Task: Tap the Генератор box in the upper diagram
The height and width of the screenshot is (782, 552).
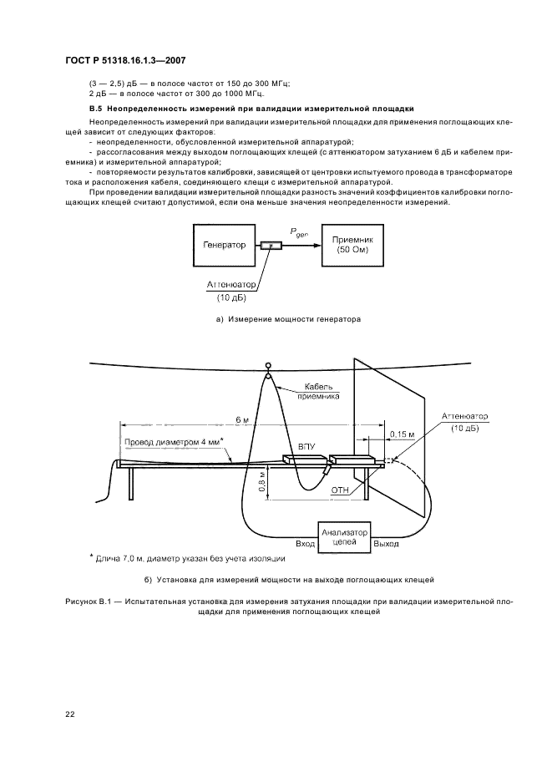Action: pyautogui.click(x=225, y=245)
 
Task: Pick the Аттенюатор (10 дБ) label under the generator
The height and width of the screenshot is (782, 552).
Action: pyautogui.click(x=231, y=291)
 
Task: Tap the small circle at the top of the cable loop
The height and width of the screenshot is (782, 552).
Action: pyautogui.click(x=268, y=365)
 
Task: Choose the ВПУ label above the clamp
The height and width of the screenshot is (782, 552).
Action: pyautogui.click(x=306, y=447)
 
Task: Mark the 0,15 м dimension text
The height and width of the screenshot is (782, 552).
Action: pyautogui.click(x=403, y=434)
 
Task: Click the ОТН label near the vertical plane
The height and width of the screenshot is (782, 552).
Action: pyautogui.click(x=340, y=490)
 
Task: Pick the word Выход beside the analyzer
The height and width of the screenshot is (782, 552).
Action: pyautogui.click(x=388, y=544)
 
